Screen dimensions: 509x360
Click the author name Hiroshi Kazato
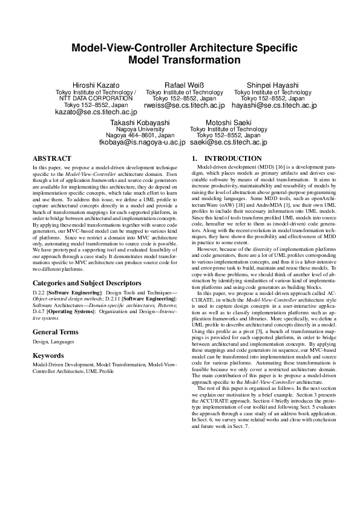96,85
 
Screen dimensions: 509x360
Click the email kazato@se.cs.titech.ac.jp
96,112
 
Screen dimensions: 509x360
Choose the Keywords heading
49,355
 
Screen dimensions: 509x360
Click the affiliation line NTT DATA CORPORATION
96,98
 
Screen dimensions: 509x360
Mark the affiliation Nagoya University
140,129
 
